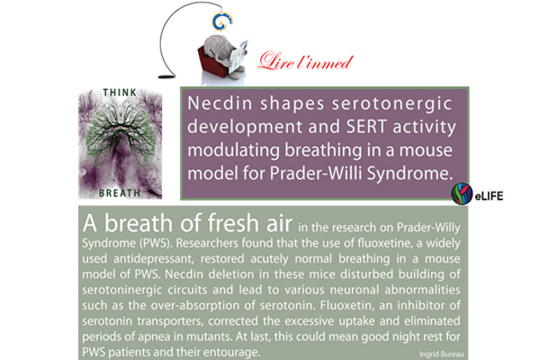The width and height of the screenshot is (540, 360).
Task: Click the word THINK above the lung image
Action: point(120,93)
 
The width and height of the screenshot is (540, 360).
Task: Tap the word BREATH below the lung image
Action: point(120,193)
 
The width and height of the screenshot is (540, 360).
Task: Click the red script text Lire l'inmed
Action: point(305,61)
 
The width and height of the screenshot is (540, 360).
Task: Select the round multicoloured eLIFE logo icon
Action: point(462,193)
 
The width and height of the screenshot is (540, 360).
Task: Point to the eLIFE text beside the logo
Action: point(489,196)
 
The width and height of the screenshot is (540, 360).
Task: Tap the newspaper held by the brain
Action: point(238,56)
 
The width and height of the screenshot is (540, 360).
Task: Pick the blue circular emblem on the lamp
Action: point(221,22)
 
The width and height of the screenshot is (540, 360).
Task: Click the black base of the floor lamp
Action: point(166,76)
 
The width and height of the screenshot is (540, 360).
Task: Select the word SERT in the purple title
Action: point(366,127)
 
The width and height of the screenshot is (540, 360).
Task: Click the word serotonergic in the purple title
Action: point(391,104)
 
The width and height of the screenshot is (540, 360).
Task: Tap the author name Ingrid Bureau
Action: point(441,354)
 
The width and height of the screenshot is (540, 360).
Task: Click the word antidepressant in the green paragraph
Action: point(152,258)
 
